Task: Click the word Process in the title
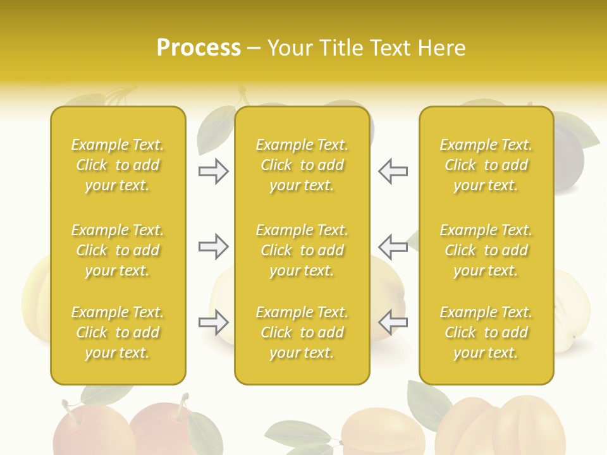199,48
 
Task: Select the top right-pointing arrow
213,171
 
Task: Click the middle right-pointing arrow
213,246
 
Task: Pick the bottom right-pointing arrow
213,322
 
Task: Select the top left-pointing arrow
393,171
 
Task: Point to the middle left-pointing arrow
393,246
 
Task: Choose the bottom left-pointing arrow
393,322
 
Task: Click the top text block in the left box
118,165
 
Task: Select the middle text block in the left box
118,250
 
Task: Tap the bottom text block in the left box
118,332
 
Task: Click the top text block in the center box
302,165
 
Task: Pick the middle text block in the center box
302,250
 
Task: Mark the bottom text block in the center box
302,332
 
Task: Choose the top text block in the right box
486,165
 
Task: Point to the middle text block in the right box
486,250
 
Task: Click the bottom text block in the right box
486,332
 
